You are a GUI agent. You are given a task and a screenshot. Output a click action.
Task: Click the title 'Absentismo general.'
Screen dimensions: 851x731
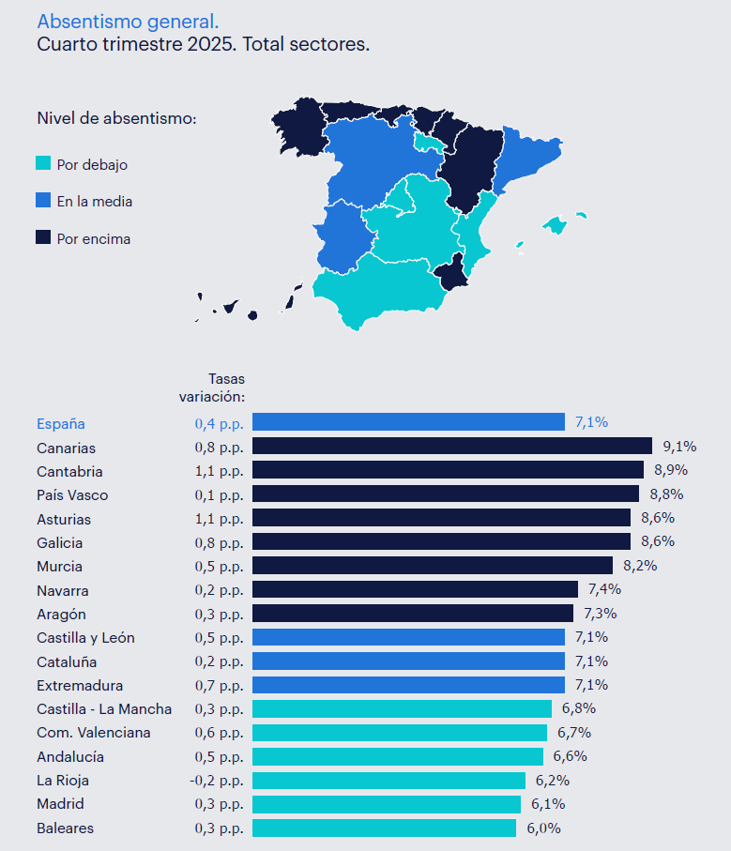129,22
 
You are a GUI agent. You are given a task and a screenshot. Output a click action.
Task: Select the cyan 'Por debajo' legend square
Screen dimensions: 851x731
43,164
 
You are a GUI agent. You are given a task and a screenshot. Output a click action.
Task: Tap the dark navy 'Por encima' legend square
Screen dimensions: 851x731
43,238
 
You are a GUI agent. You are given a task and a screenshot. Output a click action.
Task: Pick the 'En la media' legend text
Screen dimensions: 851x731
94,201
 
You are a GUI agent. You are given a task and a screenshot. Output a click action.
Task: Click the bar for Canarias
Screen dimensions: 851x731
451,446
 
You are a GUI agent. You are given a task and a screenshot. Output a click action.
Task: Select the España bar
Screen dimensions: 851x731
408,422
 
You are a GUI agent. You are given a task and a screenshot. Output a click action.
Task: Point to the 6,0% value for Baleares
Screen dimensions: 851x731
543,828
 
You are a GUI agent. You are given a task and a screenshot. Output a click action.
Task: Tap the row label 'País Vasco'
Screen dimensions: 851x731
72,495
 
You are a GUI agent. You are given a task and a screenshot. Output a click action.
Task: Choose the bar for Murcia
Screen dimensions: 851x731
432,565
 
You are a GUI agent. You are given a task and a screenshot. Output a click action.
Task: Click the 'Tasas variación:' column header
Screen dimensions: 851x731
212,388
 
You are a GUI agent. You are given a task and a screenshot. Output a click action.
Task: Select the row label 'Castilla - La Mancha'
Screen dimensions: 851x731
104,708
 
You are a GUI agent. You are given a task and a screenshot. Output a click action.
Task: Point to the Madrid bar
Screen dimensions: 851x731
387,804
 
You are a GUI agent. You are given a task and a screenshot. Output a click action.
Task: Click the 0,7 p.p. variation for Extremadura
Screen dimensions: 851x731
219,686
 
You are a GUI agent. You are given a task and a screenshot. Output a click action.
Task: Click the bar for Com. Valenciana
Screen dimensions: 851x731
400,733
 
